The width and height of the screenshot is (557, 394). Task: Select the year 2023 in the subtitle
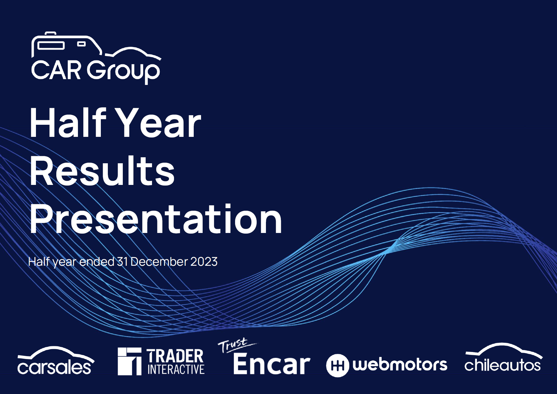pos(204,262)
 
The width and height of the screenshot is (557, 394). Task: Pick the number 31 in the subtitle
pos(122,262)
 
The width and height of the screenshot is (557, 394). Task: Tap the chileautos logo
pos(503,358)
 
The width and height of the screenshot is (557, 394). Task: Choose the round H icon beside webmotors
pos(338,365)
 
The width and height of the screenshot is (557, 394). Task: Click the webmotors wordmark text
pos(400,364)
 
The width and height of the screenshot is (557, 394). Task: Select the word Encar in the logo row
pos(271,364)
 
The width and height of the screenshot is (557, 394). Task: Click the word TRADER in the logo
pos(175,356)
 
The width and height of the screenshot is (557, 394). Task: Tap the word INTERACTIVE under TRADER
pos(176,369)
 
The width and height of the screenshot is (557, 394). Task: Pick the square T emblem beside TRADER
pos(129,361)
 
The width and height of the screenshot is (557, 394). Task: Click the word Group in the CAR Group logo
pos(123,71)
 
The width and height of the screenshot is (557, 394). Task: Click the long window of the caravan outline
pos(51,46)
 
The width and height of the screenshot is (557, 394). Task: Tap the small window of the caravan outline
pos(81,44)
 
